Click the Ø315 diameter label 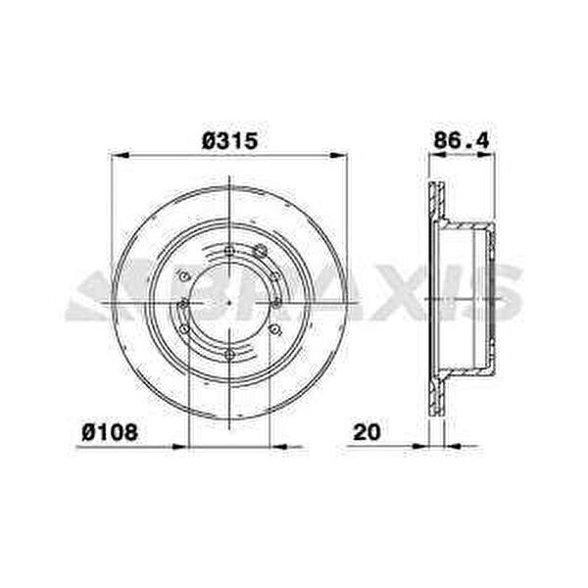tap(229, 141)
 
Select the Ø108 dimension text tap(110, 432)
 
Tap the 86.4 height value tap(462, 141)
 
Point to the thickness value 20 tap(367, 432)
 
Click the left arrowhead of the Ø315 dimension tap(121, 155)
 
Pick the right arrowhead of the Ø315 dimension tap(339, 155)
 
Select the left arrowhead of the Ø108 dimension tap(179, 446)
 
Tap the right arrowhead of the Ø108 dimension tap(278, 446)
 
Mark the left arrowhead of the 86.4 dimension tap(438, 155)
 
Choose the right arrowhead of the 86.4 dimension tap(486, 155)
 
